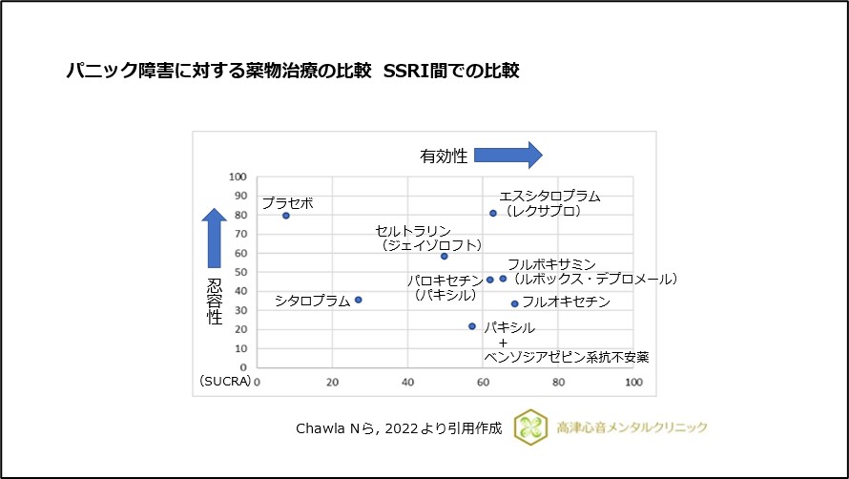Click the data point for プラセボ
(x=286, y=216)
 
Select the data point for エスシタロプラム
(x=493, y=214)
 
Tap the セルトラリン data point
(x=445, y=256)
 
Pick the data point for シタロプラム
(x=359, y=300)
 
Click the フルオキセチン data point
(x=515, y=303)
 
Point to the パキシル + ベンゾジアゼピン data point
(x=472, y=326)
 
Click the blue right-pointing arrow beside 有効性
(x=507, y=155)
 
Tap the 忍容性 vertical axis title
(x=215, y=302)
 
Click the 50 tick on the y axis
(x=240, y=272)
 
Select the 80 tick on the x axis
(x=559, y=382)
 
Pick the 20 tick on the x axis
(x=333, y=382)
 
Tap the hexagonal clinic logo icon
(x=530, y=427)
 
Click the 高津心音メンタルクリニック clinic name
(x=632, y=428)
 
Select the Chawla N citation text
(x=399, y=428)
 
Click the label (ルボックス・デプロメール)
(x=593, y=280)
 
